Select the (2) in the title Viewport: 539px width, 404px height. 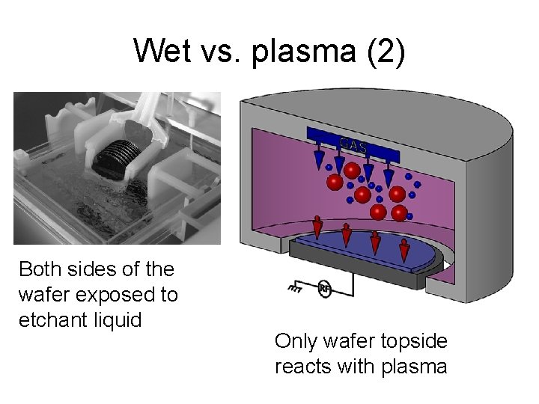pos(383,52)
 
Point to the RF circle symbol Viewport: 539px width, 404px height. pos(325,290)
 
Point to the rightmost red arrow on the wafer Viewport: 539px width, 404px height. pos(404,247)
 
